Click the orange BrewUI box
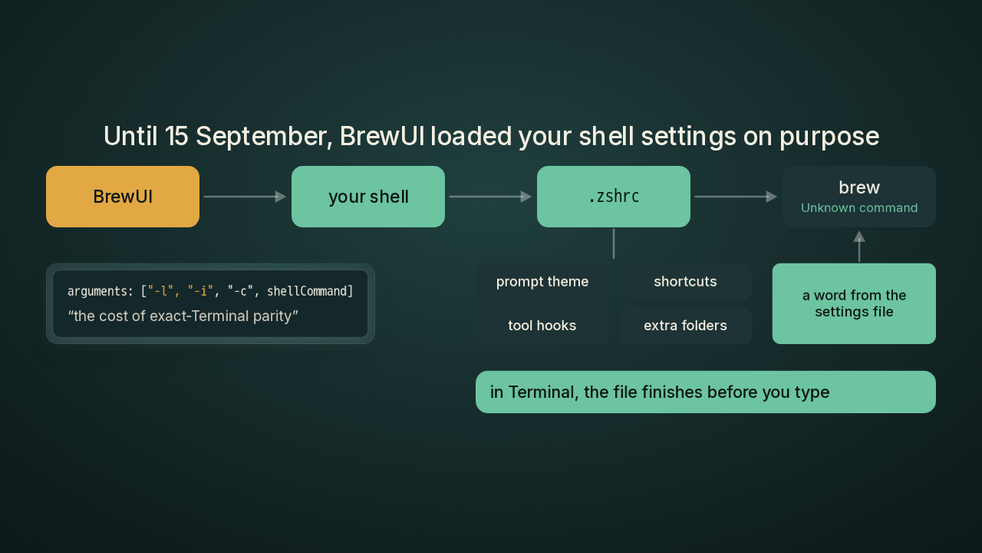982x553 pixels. pyautogui.click(x=123, y=197)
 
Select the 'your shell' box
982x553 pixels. pyautogui.click(x=368, y=197)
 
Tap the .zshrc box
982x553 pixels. pyautogui.click(x=614, y=197)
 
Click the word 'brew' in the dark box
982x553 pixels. pyautogui.click(x=859, y=187)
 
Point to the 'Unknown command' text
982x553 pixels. pyautogui.click(x=859, y=207)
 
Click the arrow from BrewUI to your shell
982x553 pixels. pyautogui.click(x=245, y=197)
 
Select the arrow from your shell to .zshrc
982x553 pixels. pyautogui.click(x=490, y=197)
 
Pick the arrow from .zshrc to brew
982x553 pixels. pyautogui.click(x=736, y=197)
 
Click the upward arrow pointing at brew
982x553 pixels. pyautogui.click(x=859, y=247)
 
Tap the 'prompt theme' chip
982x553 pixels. pyautogui.click(x=542, y=282)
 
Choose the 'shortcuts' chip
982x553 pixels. pyautogui.click(x=685, y=282)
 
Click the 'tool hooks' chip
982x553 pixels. pyautogui.click(x=542, y=326)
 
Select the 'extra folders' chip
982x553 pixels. pyautogui.click(x=685, y=326)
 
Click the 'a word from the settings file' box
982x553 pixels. pyautogui.click(x=854, y=303)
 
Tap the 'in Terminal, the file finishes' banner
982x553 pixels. pyautogui.click(x=706, y=392)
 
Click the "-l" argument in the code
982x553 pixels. pyautogui.click(x=158, y=291)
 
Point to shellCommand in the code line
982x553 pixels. pyautogui.click(x=308, y=291)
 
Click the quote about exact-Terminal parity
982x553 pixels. pyautogui.click(x=183, y=316)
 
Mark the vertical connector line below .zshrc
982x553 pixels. pyautogui.click(x=614, y=243)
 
